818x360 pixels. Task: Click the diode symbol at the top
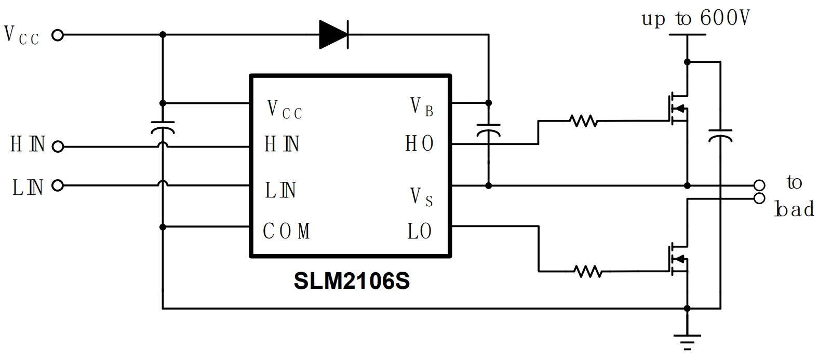[x=333, y=35]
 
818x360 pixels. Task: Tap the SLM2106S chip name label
[x=352, y=281]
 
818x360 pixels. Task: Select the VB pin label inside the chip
[x=421, y=107]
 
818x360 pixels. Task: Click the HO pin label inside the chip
[x=419, y=144]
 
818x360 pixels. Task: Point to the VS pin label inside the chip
[x=421, y=197]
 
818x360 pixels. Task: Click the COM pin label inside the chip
[x=287, y=231]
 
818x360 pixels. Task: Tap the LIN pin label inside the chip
[x=280, y=191]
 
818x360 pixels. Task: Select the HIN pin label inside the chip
[x=281, y=144]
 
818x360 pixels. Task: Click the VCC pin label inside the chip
[x=284, y=110]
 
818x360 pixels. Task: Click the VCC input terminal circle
[x=58, y=35]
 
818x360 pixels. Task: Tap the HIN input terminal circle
[x=58, y=147]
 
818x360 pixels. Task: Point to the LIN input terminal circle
[x=58, y=185]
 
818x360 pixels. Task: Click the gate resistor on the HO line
[x=583, y=122]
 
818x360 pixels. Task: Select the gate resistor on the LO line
[x=588, y=271]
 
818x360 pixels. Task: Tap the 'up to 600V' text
[x=696, y=19]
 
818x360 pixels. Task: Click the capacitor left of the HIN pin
[x=163, y=127]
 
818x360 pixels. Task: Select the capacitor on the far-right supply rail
[x=720, y=135]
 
